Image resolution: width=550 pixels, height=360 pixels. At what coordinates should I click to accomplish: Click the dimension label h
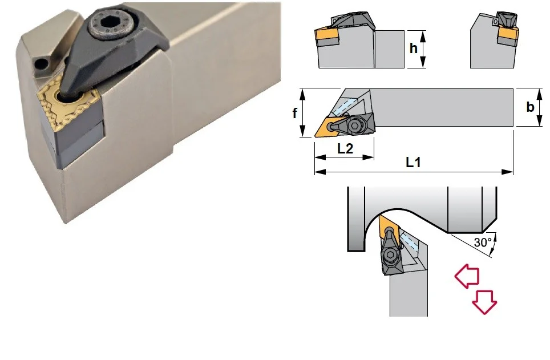tap(414, 48)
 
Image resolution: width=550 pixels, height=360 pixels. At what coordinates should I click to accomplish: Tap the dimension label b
tap(531, 106)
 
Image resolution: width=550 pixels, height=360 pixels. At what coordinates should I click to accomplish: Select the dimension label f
tap(294, 112)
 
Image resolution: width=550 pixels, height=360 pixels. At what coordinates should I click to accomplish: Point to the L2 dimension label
tap(345, 148)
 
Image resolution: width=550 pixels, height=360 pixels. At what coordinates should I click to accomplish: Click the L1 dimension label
tap(413, 162)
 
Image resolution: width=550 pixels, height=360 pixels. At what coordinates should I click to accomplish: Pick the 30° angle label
tap(483, 242)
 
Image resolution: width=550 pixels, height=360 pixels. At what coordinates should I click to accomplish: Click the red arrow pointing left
tap(467, 277)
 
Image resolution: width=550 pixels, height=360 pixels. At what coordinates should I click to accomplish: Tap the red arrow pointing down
tap(484, 302)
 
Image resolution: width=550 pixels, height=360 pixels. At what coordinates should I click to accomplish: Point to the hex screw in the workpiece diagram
tap(389, 255)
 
